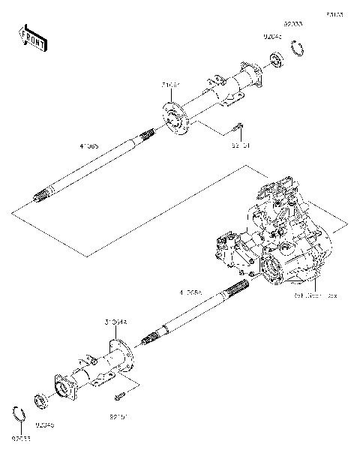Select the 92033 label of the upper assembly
pos(293,25)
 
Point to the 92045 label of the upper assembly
pos(271,34)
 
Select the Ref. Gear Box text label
pos(315,295)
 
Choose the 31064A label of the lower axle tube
pos(116,321)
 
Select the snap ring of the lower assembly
pos(22,412)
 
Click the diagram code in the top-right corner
pos(333,13)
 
